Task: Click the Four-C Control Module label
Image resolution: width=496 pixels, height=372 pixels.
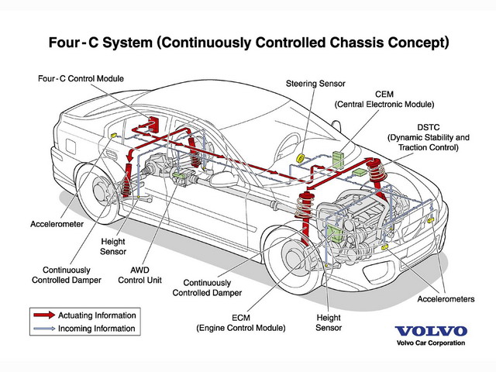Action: (x=81, y=78)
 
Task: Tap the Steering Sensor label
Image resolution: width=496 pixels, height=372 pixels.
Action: (x=315, y=84)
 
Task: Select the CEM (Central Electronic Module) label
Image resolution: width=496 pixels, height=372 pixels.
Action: (x=384, y=99)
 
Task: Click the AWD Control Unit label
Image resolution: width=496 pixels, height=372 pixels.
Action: (x=139, y=275)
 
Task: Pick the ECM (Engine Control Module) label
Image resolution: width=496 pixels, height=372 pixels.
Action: (x=241, y=322)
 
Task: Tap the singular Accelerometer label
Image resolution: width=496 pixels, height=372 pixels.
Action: (x=57, y=224)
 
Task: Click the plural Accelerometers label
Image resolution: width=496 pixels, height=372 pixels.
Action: (x=446, y=299)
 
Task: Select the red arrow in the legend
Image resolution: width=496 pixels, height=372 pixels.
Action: (x=44, y=315)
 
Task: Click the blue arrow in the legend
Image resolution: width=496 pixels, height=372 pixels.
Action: (x=44, y=329)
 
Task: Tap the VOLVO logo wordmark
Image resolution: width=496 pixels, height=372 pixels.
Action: (x=431, y=331)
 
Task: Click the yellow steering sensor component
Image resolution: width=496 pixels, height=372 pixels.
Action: (x=300, y=157)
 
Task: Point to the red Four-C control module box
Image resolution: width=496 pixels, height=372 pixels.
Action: (x=153, y=124)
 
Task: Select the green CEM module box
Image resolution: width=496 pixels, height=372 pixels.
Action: (x=338, y=159)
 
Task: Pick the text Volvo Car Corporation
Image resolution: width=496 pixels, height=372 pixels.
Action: (x=431, y=343)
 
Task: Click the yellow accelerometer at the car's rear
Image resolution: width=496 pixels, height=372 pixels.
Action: (x=114, y=136)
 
